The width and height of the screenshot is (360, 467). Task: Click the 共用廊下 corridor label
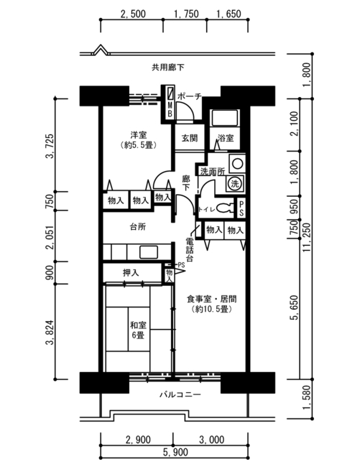click(168, 68)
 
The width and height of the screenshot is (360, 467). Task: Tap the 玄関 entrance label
click(190, 138)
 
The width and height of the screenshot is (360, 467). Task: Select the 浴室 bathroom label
click(226, 138)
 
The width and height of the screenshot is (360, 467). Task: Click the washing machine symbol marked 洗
click(235, 183)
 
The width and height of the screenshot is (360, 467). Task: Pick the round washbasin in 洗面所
click(238, 164)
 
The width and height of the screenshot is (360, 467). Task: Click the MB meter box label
click(170, 109)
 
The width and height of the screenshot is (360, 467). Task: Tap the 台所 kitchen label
click(138, 226)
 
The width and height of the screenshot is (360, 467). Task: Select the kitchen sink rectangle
click(149, 252)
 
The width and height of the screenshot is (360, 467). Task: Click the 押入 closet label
click(131, 272)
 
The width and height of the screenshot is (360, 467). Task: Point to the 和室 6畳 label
click(138, 330)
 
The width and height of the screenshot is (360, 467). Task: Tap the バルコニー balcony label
click(180, 395)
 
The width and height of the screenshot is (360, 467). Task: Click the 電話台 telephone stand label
click(190, 249)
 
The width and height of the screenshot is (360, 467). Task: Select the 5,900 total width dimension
click(175, 453)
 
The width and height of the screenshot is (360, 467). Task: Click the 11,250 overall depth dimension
click(307, 237)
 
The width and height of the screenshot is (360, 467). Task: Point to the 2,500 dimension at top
click(133, 14)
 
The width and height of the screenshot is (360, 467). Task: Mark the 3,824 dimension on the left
click(50, 332)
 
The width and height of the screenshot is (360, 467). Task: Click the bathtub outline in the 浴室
click(225, 118)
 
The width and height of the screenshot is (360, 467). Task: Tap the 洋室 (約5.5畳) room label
click(139, 140)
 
